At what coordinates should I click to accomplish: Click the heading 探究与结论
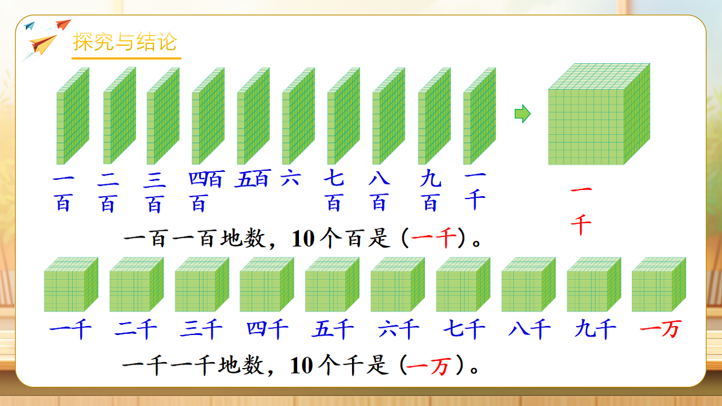point(125,43)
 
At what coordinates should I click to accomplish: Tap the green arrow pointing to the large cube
point(522,113)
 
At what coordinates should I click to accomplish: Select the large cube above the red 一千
point(597,114)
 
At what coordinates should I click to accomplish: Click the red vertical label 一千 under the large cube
point(581,210)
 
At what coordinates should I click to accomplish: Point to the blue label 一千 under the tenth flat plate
point(475,190)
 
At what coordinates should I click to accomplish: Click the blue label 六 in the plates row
point(291,179)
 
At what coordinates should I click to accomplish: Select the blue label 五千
point(333,329)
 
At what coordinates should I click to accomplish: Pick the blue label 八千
point(529,329)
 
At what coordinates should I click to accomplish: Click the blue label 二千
point(136,329)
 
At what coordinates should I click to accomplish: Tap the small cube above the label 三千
point(202,284)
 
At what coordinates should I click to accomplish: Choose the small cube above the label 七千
point(463,284)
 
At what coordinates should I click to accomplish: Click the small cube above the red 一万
point(659,284)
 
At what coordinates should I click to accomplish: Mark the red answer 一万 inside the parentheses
point(428,366)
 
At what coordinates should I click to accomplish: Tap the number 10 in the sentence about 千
point(303,366)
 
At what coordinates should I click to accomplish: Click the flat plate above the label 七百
point(343,116)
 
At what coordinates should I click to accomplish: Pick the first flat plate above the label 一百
point(73,116)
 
